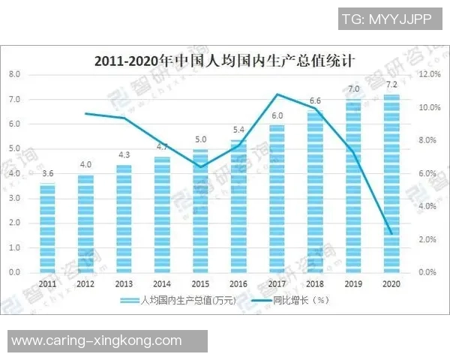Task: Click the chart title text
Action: coord(224,61)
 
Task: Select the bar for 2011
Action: coord(47,227)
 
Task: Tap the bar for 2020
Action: coord(391,183)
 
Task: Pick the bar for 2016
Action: coord(238,205)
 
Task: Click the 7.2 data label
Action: coord(391,85)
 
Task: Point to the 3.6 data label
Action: coord(47,174)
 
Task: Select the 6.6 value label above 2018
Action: coord(315,100)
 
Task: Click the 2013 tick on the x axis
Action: coord(124,284)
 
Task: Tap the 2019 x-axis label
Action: coord(352,284)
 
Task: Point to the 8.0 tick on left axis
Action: coord(14,74)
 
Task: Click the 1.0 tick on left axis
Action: coord(14,247)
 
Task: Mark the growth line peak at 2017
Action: coord(277,94)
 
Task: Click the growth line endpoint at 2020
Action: coord(391,233)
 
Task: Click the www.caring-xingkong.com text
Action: coord(97,340)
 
